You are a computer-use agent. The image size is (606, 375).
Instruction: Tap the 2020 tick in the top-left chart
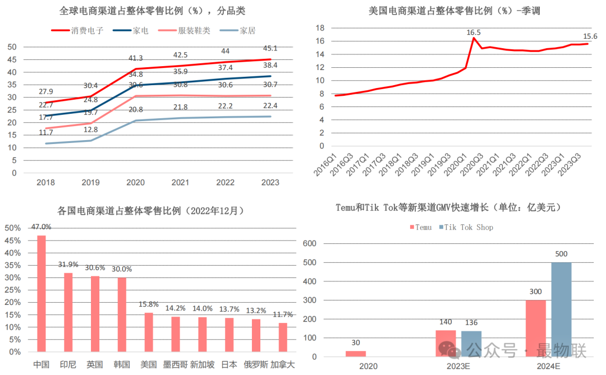point(136,183)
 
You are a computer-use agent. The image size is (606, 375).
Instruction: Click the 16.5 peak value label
point(474,33)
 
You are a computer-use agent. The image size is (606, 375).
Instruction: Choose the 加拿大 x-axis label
point(283,364)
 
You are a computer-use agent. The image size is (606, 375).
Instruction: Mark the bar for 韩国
point(122,314)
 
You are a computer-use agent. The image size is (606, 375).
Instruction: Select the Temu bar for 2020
point(355,353)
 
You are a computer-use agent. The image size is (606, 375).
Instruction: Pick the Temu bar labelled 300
point(536,328)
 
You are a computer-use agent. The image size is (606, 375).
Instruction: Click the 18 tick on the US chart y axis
point(320,27)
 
